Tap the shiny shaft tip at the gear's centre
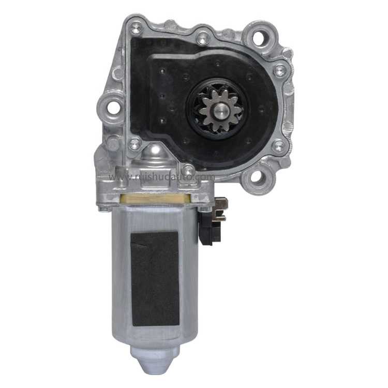pyautogui.click(x=220, y=110)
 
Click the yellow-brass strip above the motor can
pyautogui.click(x=155, y=198)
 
